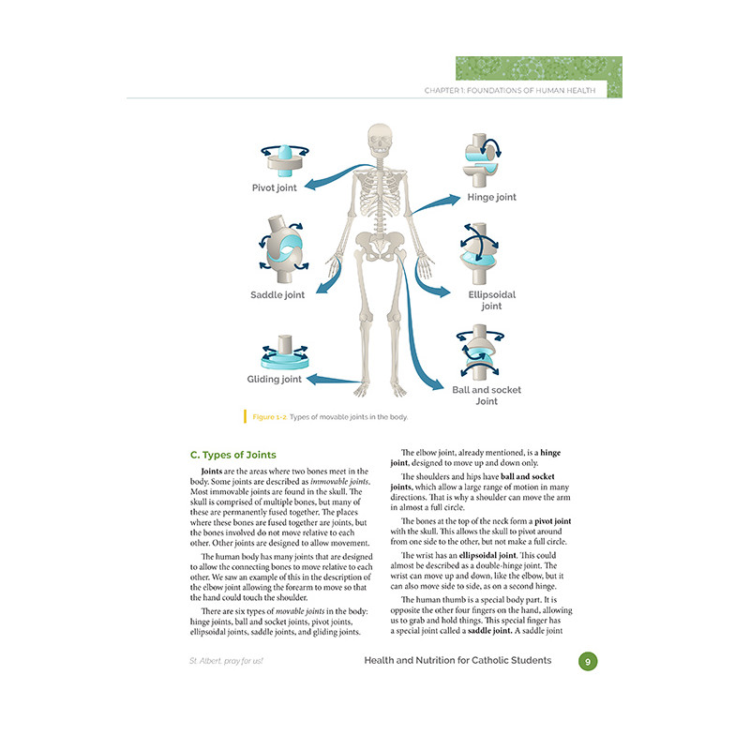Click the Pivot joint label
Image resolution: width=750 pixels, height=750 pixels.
pyautogui.click(x=274, y=188)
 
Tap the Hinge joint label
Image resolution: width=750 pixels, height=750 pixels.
pyautogui.click(x=491, y=197)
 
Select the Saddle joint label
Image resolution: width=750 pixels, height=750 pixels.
pyautogui.click(x=277, y=294)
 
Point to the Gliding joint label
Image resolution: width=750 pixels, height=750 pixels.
pyautogui.click(x=274, y=380)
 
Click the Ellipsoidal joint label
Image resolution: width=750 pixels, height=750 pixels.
pyautogui.click(x=491, y=300)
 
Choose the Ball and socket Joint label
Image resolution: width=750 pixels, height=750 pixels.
pyautogui.click(x=487, y=396)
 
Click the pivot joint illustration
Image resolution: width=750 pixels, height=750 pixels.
pyautogui.click(x=285, y=159)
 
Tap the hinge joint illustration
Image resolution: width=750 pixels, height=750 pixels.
pyautogui.click(x=482, y=160)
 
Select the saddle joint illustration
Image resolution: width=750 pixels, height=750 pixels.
pyautogui.click(x=284, y=248)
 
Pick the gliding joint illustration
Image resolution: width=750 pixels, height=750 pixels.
pyautogui.click(x=285, y=352)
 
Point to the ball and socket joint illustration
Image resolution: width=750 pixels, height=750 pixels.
pyautogui.click(x=480, y=352)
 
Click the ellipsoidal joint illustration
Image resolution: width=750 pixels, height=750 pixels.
pyautogui.click(x=479, y=253)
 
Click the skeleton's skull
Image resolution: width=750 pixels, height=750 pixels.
pyautogui.click(x=381, y=139)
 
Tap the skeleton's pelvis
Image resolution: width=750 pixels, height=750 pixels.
pyautogui.click(x=381, y=244)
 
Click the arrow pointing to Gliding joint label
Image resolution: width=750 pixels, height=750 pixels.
pyautogui.click(x=334, y=381)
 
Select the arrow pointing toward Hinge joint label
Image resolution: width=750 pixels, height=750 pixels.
pyautogui.click(x=435, y=203)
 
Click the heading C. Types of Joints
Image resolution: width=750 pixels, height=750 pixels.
pyautogui.click(x=232, y=455)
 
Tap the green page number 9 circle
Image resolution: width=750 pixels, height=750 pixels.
pyautogui.click(x=588, y=662)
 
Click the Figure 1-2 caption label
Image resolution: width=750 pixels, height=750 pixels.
pyautogui.click(x=270, y=417)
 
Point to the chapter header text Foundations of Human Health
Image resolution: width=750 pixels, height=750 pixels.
pyautogui.click(x=531, y=90)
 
